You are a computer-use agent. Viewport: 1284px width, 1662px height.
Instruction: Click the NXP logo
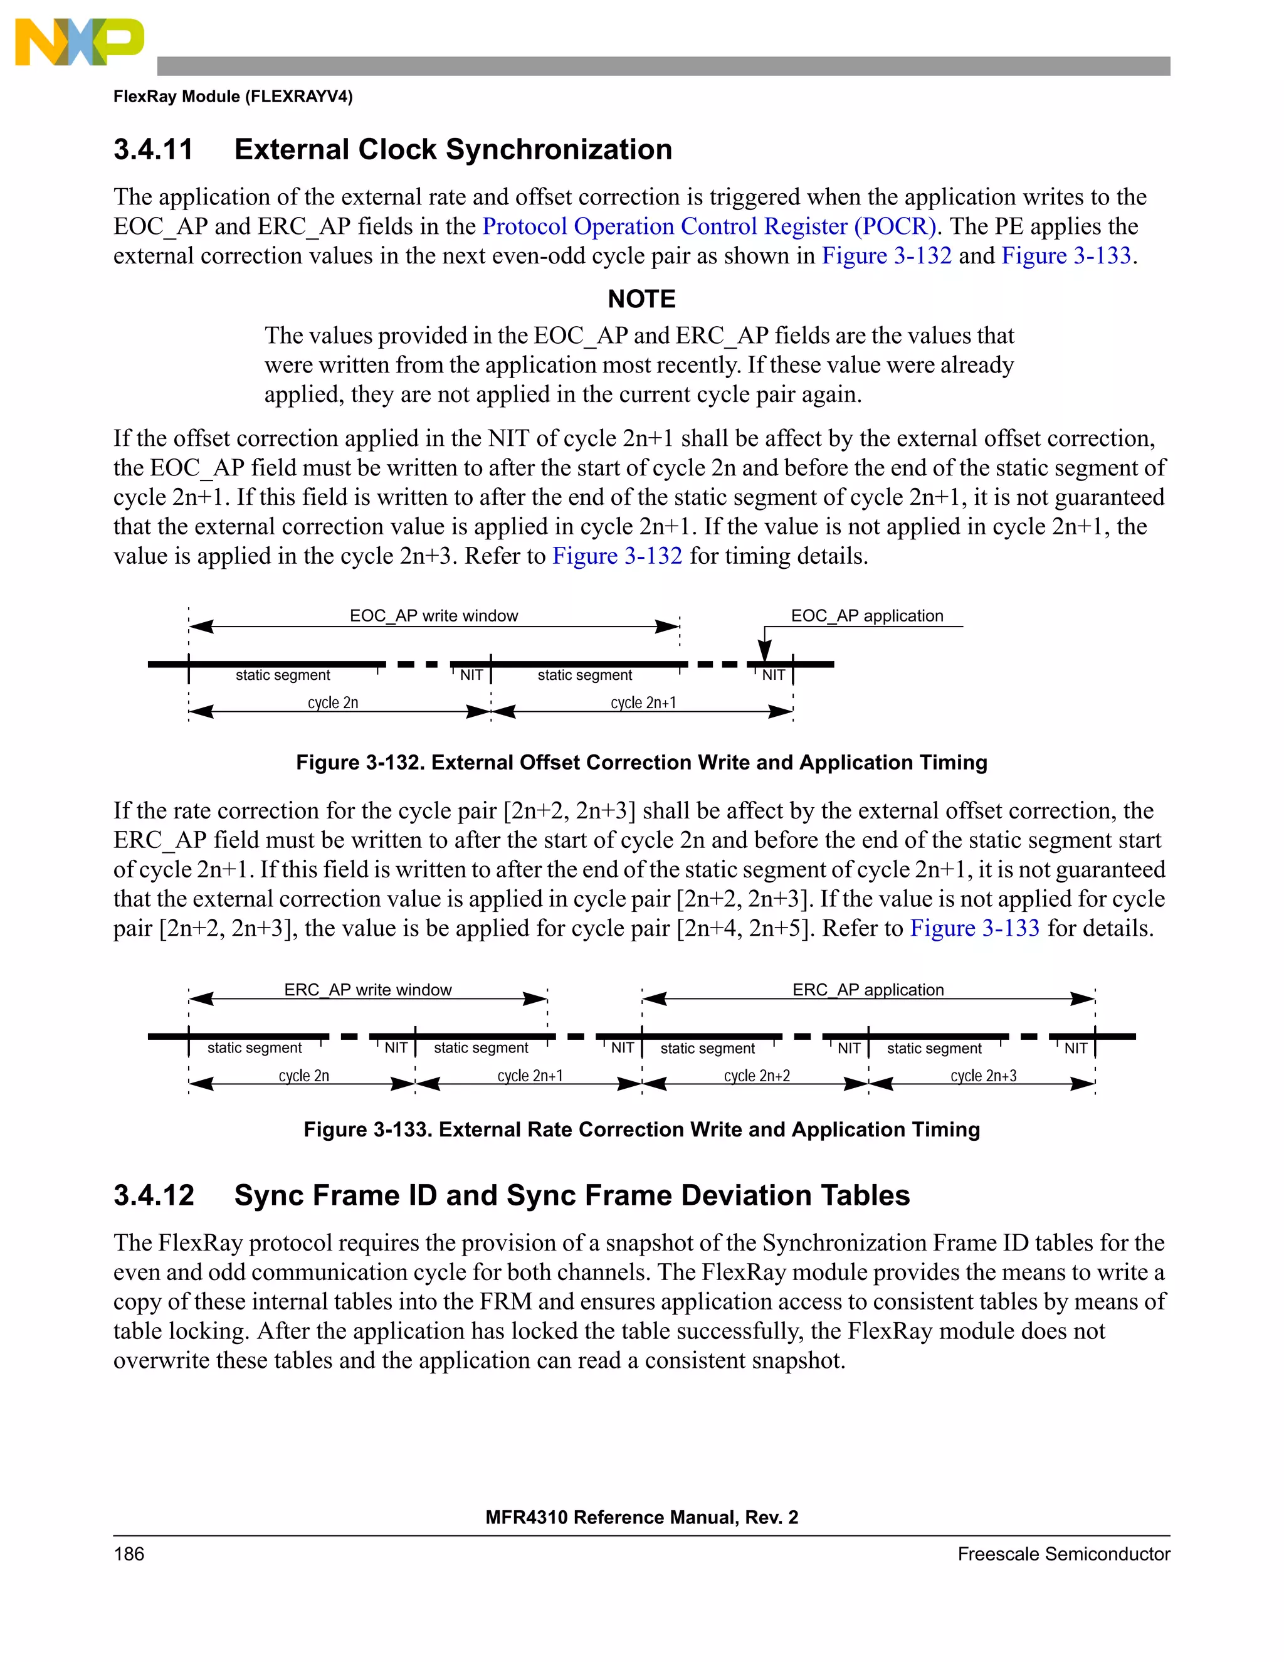(x=78, y=42)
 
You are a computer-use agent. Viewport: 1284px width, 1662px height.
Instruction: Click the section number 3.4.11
(x=154, y=149)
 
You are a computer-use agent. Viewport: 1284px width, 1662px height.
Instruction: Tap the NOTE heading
(x=641, y=299)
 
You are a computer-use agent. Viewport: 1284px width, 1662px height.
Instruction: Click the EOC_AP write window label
(x=434, y=616)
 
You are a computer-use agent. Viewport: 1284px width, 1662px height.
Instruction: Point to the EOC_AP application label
(x=866, y=616)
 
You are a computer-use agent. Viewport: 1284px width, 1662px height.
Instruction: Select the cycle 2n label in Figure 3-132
(x=332, y=702)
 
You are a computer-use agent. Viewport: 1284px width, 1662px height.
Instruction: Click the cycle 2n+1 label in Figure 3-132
(x=643, y=702)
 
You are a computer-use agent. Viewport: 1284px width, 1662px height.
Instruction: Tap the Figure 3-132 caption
(x=641, y=763)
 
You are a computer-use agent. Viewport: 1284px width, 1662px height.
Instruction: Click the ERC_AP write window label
(x=367, y=989)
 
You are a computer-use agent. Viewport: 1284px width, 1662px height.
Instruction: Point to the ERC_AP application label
(x=868, y=989)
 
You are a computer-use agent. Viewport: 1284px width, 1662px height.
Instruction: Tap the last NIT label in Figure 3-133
(x=1075, y=1048)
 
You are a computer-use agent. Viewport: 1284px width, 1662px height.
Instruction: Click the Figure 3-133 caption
(x=641, y=1130)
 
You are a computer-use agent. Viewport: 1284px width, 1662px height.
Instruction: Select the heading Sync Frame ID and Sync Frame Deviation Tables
(x=571, y=1195)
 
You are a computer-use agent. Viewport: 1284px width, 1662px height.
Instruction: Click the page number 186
(x=129, y=1554)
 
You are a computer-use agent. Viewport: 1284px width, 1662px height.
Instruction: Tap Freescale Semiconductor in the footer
(x=1063, y=1554)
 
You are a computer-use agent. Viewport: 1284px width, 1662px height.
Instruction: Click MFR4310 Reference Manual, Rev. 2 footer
(x=641, y=1517)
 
